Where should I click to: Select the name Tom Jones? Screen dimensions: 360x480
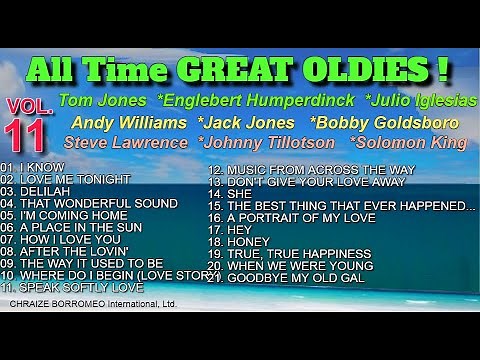click(x=103, y=100)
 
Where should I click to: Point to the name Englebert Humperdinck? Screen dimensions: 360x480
click(x=259, y=100)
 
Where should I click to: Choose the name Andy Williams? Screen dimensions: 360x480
click(x=128, y=122)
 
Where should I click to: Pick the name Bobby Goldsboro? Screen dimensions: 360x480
click(x=384, y=122)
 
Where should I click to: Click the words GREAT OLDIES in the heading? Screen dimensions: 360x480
click(x=329, y=71)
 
